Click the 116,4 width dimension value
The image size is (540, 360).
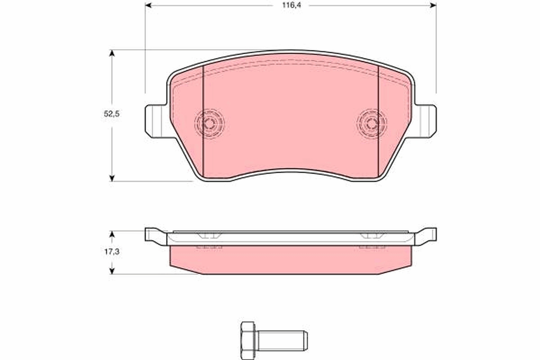[x=292, y=5]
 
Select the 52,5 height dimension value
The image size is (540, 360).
[x=112, y=114]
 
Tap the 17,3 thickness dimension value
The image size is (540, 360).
[x=112, y=252]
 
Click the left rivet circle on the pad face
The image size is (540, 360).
[x=209, y=124]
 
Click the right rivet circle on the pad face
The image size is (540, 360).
[x=372, y=124]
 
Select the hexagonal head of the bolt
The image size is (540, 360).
[x=248, y=341]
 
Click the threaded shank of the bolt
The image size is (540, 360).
[x=281, y=341]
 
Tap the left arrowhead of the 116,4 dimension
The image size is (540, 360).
[x=148, y=5]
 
